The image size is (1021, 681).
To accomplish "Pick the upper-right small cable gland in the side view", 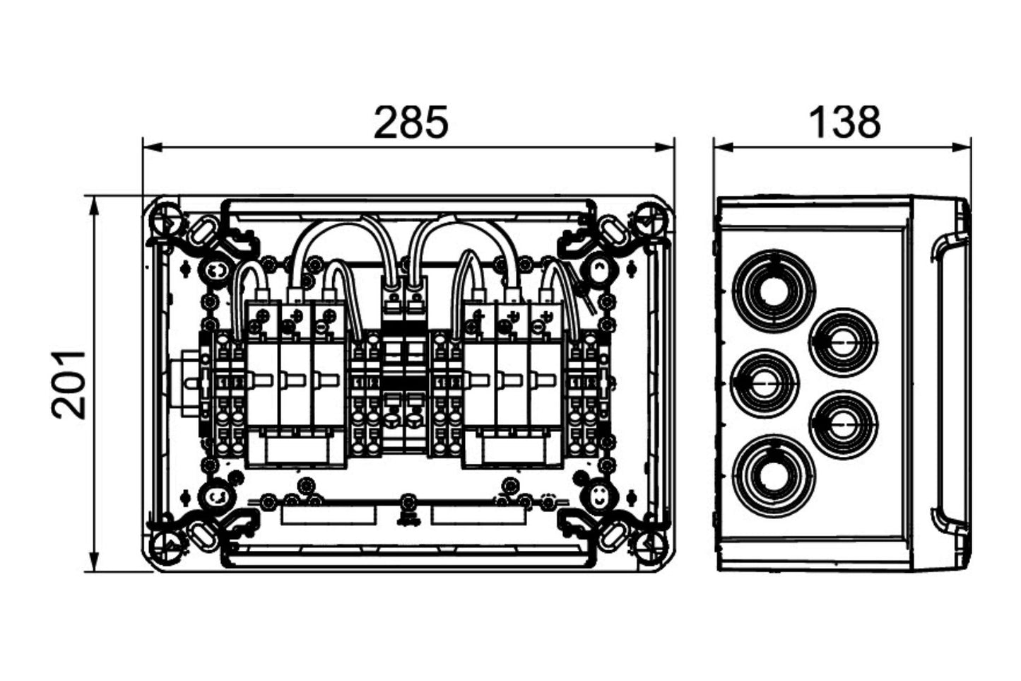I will pyautogui.click(x=842, y=343).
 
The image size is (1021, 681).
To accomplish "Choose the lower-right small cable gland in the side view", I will pyautogui.click(x=842, y=424).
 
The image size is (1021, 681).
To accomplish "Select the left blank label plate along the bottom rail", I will pyautogui.click(x=329, y=514).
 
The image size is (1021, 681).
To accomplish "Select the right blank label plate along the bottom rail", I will pyautogui.click(x=478, y=514).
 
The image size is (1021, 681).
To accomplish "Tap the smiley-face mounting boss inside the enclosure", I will pyautogui.click(x=598, y=493).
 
